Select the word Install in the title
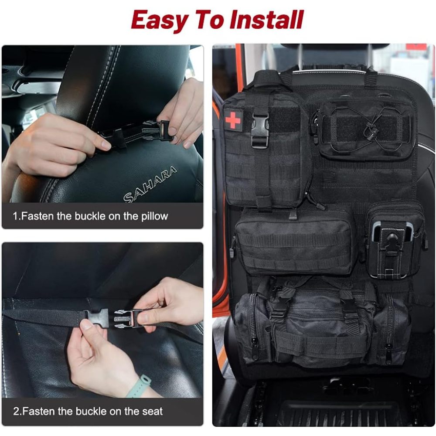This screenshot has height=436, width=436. point(266,20)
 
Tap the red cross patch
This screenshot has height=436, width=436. point(233,120)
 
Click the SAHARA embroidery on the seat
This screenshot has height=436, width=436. point(150,184)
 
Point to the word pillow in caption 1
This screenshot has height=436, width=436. point(154,217)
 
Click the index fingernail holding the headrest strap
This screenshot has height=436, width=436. point(106,145)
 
